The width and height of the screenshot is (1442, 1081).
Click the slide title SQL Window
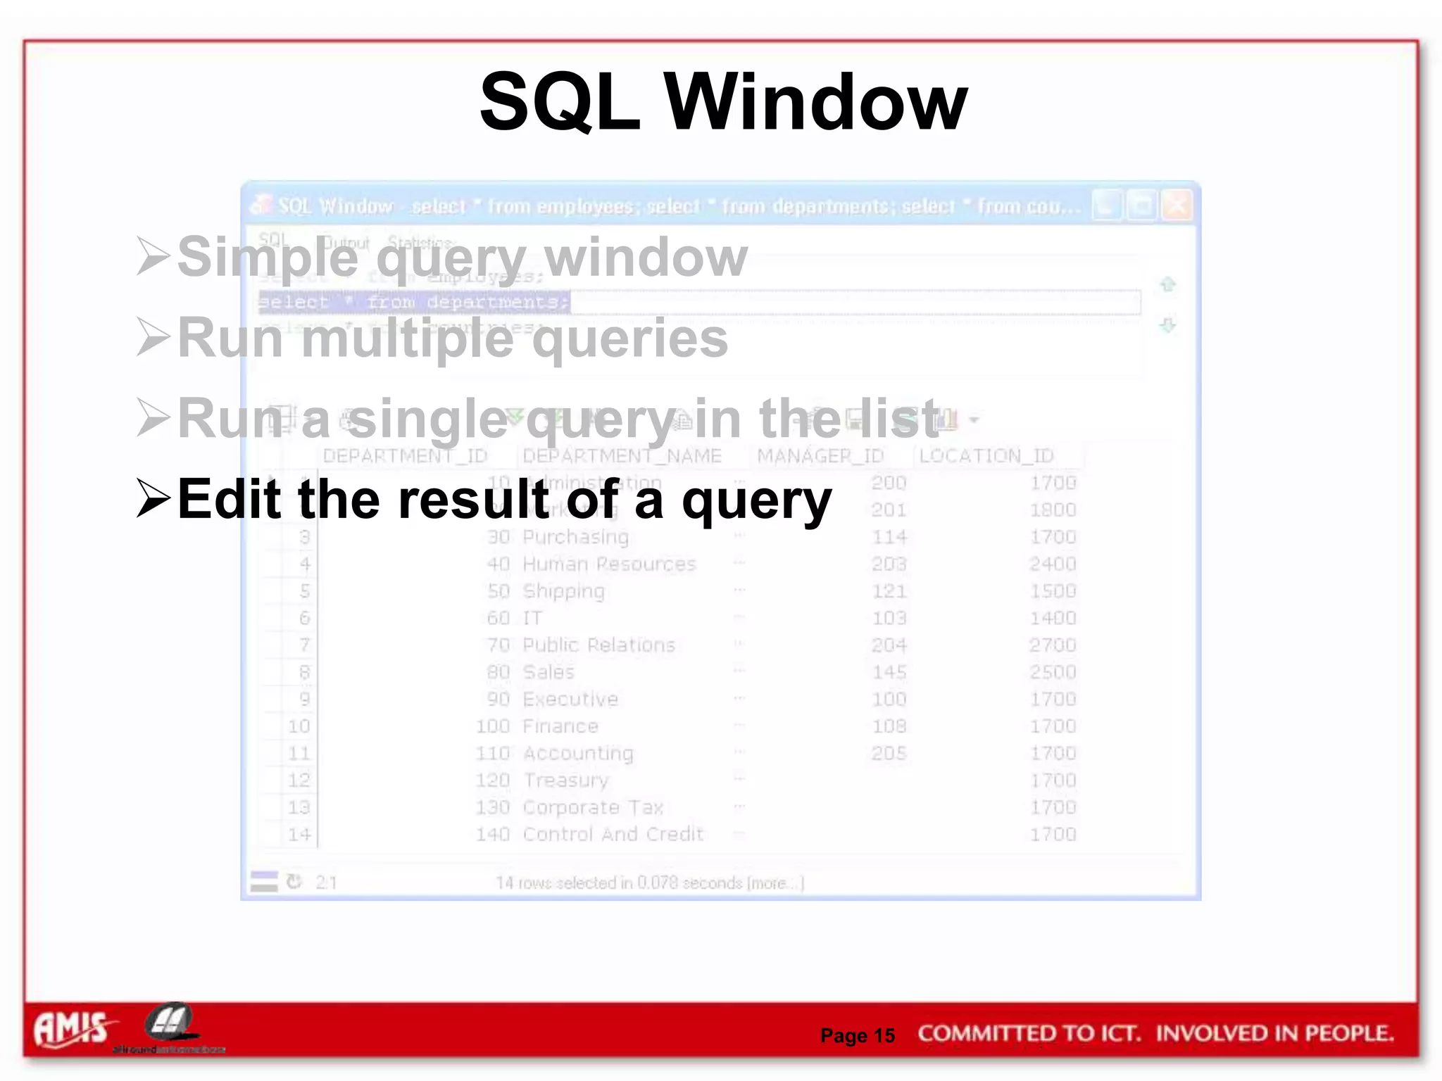pos(723,103)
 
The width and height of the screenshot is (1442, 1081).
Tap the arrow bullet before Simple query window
pos(153,256)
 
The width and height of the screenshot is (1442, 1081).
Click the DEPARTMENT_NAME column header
pos(622,456)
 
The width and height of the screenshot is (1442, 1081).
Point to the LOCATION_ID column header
pos(986,456)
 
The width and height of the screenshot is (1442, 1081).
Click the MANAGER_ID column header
pos(820,456)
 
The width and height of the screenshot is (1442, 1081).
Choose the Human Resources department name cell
pos(609,564)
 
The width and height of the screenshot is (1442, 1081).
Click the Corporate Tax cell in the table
pos(593,807)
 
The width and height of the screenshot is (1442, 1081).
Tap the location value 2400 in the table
pos(1053,564)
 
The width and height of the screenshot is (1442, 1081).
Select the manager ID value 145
pos(889,672)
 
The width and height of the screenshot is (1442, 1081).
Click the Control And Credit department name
pos(613,835)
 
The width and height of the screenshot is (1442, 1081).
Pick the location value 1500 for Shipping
pos(1053,591)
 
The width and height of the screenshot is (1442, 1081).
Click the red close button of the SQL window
pos(1177,206)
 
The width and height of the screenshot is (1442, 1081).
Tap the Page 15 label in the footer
pos(857,1035)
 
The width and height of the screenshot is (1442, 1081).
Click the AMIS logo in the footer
pos(71,1029)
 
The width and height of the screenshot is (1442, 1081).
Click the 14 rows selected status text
pos(648,883)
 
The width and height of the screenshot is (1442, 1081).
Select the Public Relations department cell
pos(598,645)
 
